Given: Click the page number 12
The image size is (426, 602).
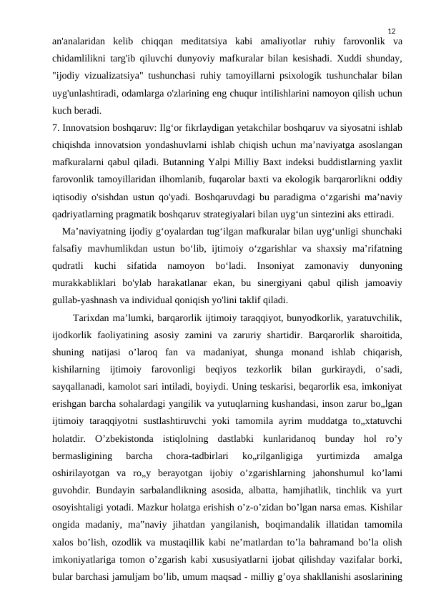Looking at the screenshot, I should tap(391, 31).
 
